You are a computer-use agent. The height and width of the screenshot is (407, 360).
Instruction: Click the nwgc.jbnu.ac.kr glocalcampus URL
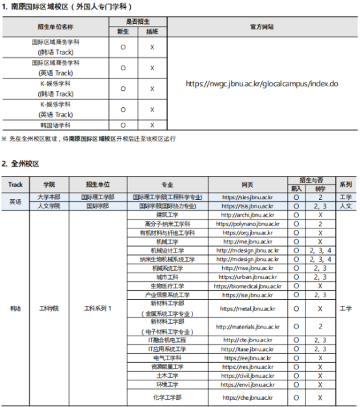262,84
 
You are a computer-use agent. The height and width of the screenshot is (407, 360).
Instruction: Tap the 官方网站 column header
262,27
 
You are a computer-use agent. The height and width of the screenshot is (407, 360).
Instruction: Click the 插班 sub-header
152,31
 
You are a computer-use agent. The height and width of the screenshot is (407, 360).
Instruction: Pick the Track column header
15,184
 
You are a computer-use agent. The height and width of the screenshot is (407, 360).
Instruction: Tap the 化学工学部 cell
168,397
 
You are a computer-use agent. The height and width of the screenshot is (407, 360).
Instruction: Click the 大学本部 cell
49,197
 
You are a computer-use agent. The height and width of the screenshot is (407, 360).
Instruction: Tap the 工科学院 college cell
49,308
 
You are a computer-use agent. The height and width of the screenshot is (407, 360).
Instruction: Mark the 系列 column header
346,184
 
